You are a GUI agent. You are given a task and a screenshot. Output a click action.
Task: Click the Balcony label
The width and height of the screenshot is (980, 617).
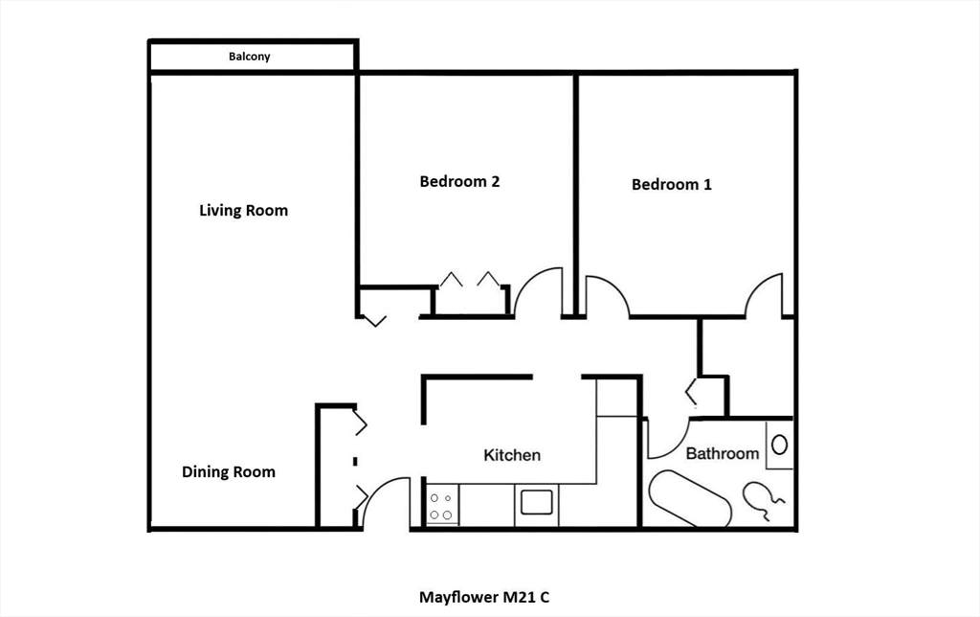coord(249,57)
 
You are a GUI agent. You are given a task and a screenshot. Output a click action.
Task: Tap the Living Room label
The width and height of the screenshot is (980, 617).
coord(244,210)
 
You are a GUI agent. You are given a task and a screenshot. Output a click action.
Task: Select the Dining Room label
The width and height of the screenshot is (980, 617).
coord(229,471)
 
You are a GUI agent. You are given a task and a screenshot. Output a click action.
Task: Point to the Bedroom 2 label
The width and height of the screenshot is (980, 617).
coord(459,181)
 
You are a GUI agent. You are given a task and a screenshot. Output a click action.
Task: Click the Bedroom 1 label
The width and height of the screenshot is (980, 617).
coord(671,185)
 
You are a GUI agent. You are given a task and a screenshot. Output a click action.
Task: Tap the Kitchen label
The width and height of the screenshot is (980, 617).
coord(512,455)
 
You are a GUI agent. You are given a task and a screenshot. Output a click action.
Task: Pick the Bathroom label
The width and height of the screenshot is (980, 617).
coord(723,454)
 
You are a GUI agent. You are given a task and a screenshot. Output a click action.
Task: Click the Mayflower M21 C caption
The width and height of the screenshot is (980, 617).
coord(484,597)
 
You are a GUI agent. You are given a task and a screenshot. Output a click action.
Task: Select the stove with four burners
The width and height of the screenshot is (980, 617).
coord(440,506)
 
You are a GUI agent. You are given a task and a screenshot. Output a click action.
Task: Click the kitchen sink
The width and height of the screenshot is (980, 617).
coord(536,502)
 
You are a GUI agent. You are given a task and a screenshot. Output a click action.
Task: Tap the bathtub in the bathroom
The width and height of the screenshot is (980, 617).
coord(690,499)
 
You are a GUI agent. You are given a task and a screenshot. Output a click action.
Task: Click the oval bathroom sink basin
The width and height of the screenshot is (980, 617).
coord(779,445)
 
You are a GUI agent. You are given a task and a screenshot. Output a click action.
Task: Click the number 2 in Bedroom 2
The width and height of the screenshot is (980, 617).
coord(495,181)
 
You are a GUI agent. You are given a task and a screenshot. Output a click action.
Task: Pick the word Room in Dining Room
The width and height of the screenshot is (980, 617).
coord(253,471)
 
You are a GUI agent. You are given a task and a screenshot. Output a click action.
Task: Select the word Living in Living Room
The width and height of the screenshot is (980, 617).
coord(220,210)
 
